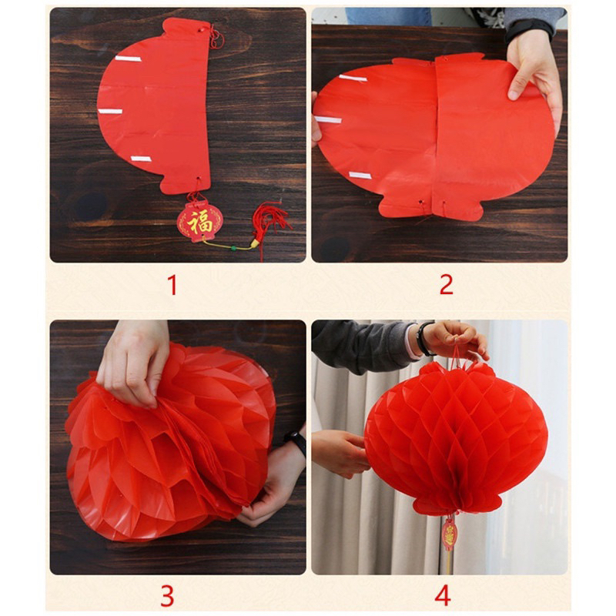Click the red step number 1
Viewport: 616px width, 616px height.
point(172,285)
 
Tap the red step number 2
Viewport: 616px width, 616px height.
point(447,285)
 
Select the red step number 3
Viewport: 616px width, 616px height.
point(167,596)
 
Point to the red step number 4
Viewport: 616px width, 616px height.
point(443,596)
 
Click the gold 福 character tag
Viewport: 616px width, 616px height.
point(200,222)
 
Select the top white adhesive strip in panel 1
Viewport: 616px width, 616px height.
point(128,59)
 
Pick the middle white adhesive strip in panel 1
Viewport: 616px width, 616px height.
point(110,111)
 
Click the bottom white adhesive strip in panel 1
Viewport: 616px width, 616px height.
point(141,159)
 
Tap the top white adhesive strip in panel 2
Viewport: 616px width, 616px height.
point(353,79)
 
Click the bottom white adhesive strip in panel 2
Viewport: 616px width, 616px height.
point(360,176)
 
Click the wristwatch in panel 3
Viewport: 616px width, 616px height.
point(296,442)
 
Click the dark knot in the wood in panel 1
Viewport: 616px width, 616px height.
point(92,206)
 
